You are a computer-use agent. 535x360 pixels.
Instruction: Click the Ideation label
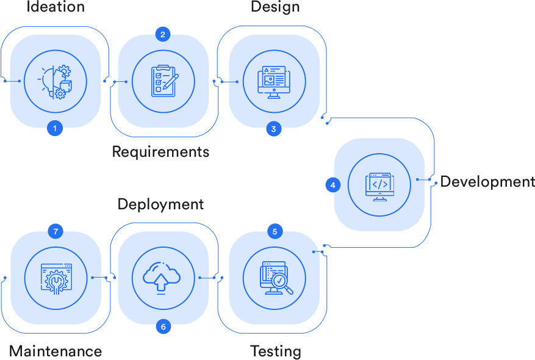(x=56, y=7)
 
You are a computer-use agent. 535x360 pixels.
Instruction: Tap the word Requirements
(x=160, y=151)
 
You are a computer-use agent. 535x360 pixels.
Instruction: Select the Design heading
(x=275, y=7)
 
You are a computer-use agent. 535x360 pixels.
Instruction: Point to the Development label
(x=487, y=181)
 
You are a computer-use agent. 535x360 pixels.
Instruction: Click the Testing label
(x=276, y=351)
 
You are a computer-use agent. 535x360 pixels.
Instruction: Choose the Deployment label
(x=160, y=203)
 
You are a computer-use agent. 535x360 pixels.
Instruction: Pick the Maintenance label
(x=56, y=351)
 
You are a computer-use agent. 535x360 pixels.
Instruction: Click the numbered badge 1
(x=55, y=128)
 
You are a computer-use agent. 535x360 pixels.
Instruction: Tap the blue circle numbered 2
(x=162, y=34)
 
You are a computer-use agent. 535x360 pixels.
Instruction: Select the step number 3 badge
(x=273, y=129)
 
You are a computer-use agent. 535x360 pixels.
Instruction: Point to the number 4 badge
(x=333, y=184)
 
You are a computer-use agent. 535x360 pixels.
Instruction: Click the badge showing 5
(x=275, y=231)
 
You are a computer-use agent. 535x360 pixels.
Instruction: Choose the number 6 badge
(x=163, y=326)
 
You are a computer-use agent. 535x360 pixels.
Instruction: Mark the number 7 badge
(x=56, y=231)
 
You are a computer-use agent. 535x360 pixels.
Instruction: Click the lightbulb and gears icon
(x=56, y=81)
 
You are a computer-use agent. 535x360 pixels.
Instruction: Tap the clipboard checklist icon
(x=163, y=81)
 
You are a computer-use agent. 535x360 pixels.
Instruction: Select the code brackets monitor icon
(x=379, y=185)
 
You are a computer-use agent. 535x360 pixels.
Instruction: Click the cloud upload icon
(x=161, y=278)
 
